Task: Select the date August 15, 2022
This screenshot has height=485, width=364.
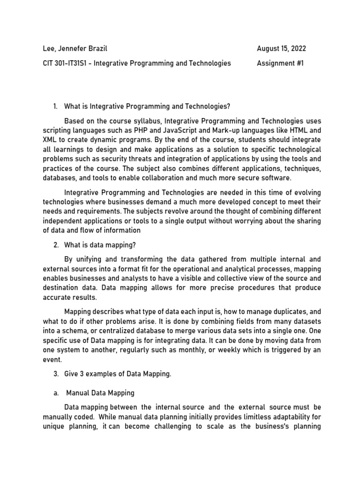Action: [282, 48]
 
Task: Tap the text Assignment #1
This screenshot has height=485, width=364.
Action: [280, 63]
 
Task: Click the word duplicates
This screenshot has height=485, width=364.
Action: [279, 312]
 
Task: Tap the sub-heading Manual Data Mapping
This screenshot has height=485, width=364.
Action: [100, 393]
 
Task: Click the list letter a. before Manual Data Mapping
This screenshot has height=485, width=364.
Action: [56, 393]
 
